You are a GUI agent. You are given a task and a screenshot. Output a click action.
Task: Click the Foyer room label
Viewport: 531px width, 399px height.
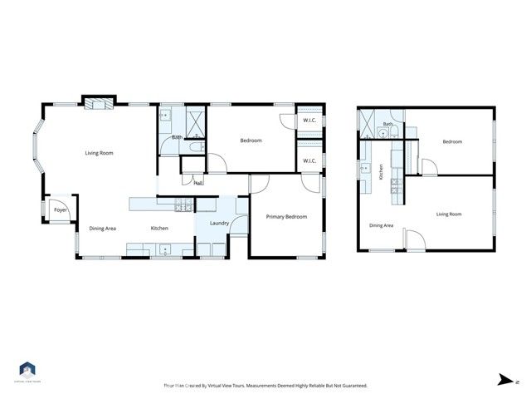click(x=60, y=210)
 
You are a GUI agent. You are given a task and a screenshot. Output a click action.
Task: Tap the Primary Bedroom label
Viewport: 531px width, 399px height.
click(x=286, y=217)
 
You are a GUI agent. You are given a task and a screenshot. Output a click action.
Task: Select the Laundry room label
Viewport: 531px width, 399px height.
click(x=219, y=224)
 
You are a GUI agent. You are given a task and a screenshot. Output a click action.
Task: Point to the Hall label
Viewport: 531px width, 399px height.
click(x=198, y=184)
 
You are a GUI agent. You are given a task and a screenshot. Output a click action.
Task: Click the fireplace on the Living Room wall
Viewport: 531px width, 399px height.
click(x=98, y=103)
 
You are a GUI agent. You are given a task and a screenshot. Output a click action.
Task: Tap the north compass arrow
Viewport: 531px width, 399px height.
click(x=504, y=380)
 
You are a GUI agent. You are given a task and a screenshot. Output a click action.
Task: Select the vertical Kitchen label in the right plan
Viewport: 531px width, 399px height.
click(x=381, y=173)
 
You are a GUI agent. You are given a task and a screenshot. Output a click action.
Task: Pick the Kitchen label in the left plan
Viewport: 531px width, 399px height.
click(x=159, y=229)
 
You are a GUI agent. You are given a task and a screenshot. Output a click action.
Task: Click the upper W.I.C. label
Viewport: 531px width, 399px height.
click(x=309, y=121)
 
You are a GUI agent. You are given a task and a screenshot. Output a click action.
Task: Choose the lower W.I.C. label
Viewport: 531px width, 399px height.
click(x=309, y=160)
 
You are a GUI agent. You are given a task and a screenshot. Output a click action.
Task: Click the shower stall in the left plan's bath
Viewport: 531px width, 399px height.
click(x=195, y=123)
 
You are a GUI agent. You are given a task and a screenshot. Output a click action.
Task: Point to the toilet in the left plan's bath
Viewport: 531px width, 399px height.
click(x=192, y=147)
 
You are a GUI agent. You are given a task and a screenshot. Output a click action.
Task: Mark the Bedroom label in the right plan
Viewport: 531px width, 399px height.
click(x=451, y=141)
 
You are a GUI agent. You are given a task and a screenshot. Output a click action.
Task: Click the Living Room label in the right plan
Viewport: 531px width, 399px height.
click(x=449, y=214)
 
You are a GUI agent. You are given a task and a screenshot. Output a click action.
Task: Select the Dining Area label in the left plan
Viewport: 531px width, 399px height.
click(x=103, y=229)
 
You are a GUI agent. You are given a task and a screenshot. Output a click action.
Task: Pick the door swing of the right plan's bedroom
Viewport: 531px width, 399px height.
click(x=429, y=167)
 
